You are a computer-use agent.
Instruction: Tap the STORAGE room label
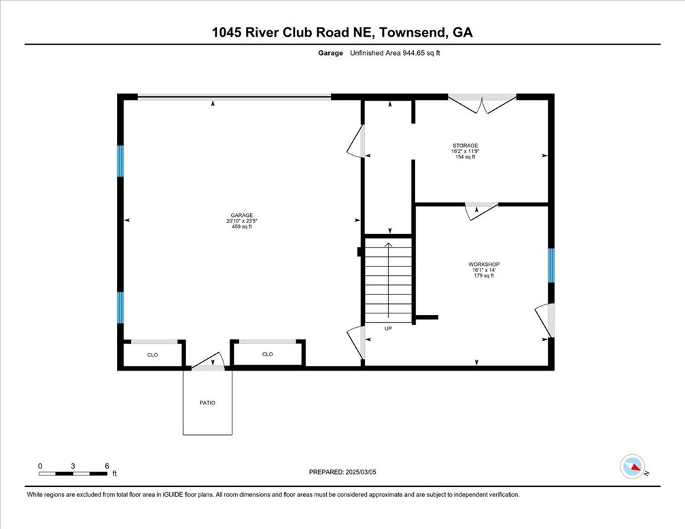466,146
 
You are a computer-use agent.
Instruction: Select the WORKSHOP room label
484,264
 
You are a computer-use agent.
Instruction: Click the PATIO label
207,403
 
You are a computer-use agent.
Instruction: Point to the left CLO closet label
153,354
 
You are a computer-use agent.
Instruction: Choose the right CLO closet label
268,354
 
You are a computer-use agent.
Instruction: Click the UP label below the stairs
388,328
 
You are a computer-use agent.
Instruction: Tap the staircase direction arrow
388,279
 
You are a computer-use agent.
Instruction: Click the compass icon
633,466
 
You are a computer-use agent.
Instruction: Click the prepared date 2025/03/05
343,472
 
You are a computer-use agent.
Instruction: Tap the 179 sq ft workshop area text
484,275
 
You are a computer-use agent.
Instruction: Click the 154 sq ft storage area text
466,157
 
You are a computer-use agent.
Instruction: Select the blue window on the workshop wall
551,265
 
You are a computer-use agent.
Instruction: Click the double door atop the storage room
482,103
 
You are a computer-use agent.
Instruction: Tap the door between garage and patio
209,362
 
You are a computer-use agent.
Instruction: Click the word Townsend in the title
412,32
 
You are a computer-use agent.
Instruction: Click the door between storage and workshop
481,209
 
